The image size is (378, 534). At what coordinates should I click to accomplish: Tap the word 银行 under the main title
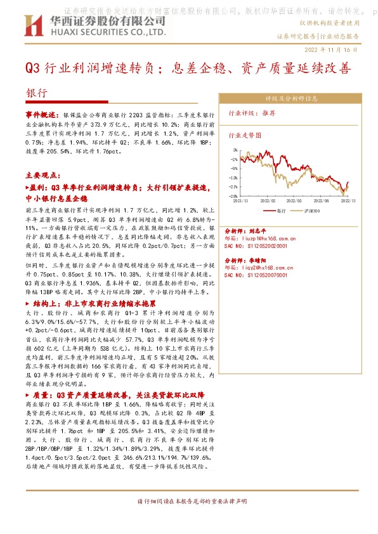click(36, 93)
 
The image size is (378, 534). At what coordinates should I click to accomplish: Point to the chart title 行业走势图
click(244, 134)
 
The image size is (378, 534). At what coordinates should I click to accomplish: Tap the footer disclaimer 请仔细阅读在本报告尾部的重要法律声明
click(188, 501)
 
